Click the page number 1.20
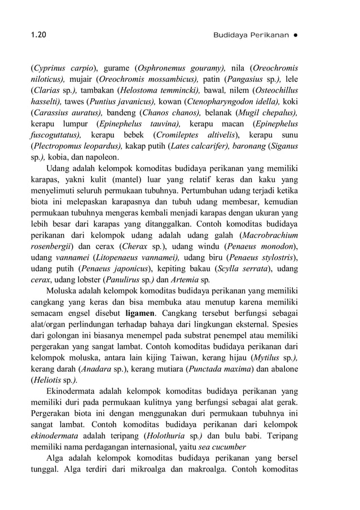[x=38, y=35]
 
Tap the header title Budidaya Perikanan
[x=249, y=35]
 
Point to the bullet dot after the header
[x=295, y=35]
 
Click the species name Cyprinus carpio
[x=56, y=68]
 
